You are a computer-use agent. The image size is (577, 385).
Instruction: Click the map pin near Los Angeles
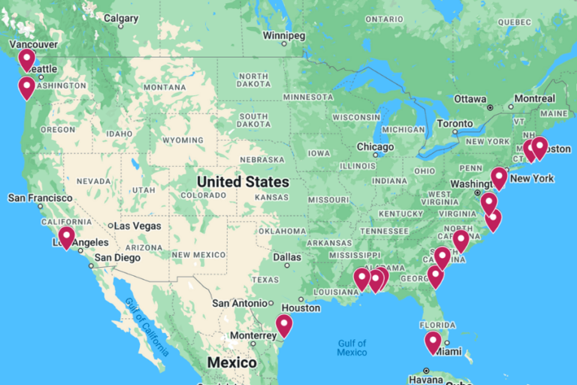coord(66,237)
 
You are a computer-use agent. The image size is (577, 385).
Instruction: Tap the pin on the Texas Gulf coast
coord(283,324)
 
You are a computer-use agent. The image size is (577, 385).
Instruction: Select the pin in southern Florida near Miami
coord(433,341)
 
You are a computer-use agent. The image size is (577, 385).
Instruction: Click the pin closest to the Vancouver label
coord(27,59)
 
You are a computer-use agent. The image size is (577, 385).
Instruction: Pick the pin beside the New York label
coord(499,177)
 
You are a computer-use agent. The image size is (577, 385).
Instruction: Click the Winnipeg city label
coord(284,35)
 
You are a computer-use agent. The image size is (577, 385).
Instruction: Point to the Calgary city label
coord(120,18)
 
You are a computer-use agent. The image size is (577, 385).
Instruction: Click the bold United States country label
coord(243,182)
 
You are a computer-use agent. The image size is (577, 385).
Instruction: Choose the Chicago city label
coord(375,147)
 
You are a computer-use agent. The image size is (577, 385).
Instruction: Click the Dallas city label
coord(288,257)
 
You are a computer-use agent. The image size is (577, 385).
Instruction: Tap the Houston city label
coord(301,308)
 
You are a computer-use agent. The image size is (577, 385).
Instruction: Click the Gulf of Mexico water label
coord(352,347)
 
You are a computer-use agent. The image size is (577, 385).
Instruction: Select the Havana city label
coord(425,379)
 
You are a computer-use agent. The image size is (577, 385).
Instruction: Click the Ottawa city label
coord(470,99)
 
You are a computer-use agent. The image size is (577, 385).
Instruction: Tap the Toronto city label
coord(455,123)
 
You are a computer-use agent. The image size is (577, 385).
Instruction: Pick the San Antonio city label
coord(240,303)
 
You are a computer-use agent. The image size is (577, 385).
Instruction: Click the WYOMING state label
coord(183,140)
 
